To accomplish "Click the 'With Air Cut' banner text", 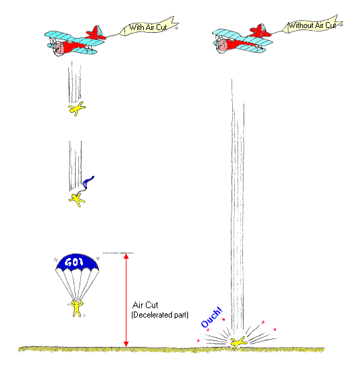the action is (x=148, y=27).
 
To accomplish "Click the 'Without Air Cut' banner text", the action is (x=312, y=25).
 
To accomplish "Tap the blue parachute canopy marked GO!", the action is (x=77, y=263).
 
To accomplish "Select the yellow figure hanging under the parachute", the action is (x=76, y=308).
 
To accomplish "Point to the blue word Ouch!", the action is (x=211, y=318).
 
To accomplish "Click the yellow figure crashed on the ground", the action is (x=238, y=342).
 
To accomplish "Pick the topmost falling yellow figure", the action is (x=76, y=109).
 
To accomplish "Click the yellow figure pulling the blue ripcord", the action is (x=76, y=200).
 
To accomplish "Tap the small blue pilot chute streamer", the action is (x=88, y=182).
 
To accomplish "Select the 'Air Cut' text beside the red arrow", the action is (x=145, y=305).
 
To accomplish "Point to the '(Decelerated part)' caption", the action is (x=160, y=315).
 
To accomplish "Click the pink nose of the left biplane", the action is (x=59, y=49).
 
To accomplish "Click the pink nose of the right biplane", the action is (x=223, y=45).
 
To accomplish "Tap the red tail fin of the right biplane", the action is (x=260, y=31).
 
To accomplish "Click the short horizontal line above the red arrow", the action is (x=118, y=253).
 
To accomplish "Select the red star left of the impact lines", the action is (x=198, y=341).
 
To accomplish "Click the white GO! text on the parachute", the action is (x=74, y=262).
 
